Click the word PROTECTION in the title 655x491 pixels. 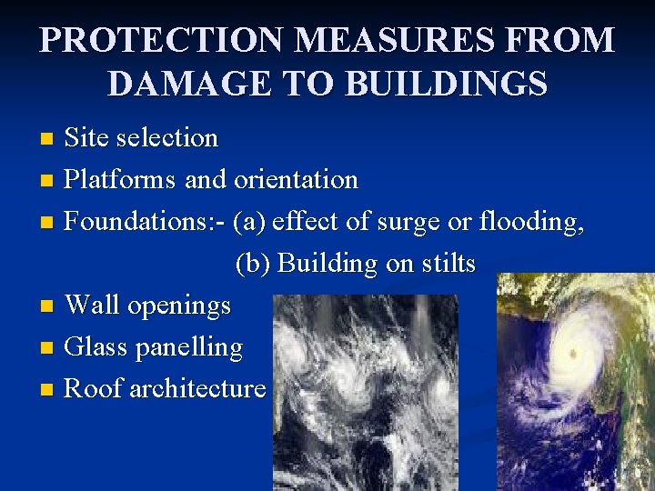[148, 42]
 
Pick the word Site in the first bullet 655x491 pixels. [88, 138]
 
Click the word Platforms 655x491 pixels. [121, 180]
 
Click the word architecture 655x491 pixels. [197, 389]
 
